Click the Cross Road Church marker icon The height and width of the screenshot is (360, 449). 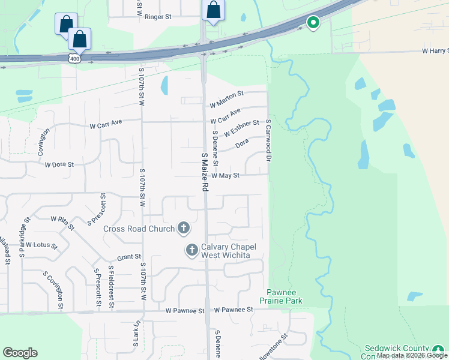(x=184, y=228)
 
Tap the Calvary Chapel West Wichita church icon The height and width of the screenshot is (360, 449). (x=192, y=250)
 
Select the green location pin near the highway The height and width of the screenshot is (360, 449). (x=313, y=23)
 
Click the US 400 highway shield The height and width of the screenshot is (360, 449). (x=73, y=57)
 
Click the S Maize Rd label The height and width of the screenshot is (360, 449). (x=205, y=172)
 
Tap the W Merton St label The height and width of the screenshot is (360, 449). (x=226, y=94)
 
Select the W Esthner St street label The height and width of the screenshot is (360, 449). (x=241, y=127)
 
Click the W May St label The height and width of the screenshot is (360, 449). (x=226, y=176)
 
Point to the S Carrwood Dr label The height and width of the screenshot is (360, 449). (x=269, y=140)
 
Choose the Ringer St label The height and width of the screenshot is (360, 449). (x=158, y=17)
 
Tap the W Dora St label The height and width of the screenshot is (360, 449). (x=59, y=164)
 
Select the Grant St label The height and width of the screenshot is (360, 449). (x=129, y=257)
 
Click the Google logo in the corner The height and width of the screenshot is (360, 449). (x=20, y=353)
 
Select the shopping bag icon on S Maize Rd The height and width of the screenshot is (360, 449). (x=213, y=11)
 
